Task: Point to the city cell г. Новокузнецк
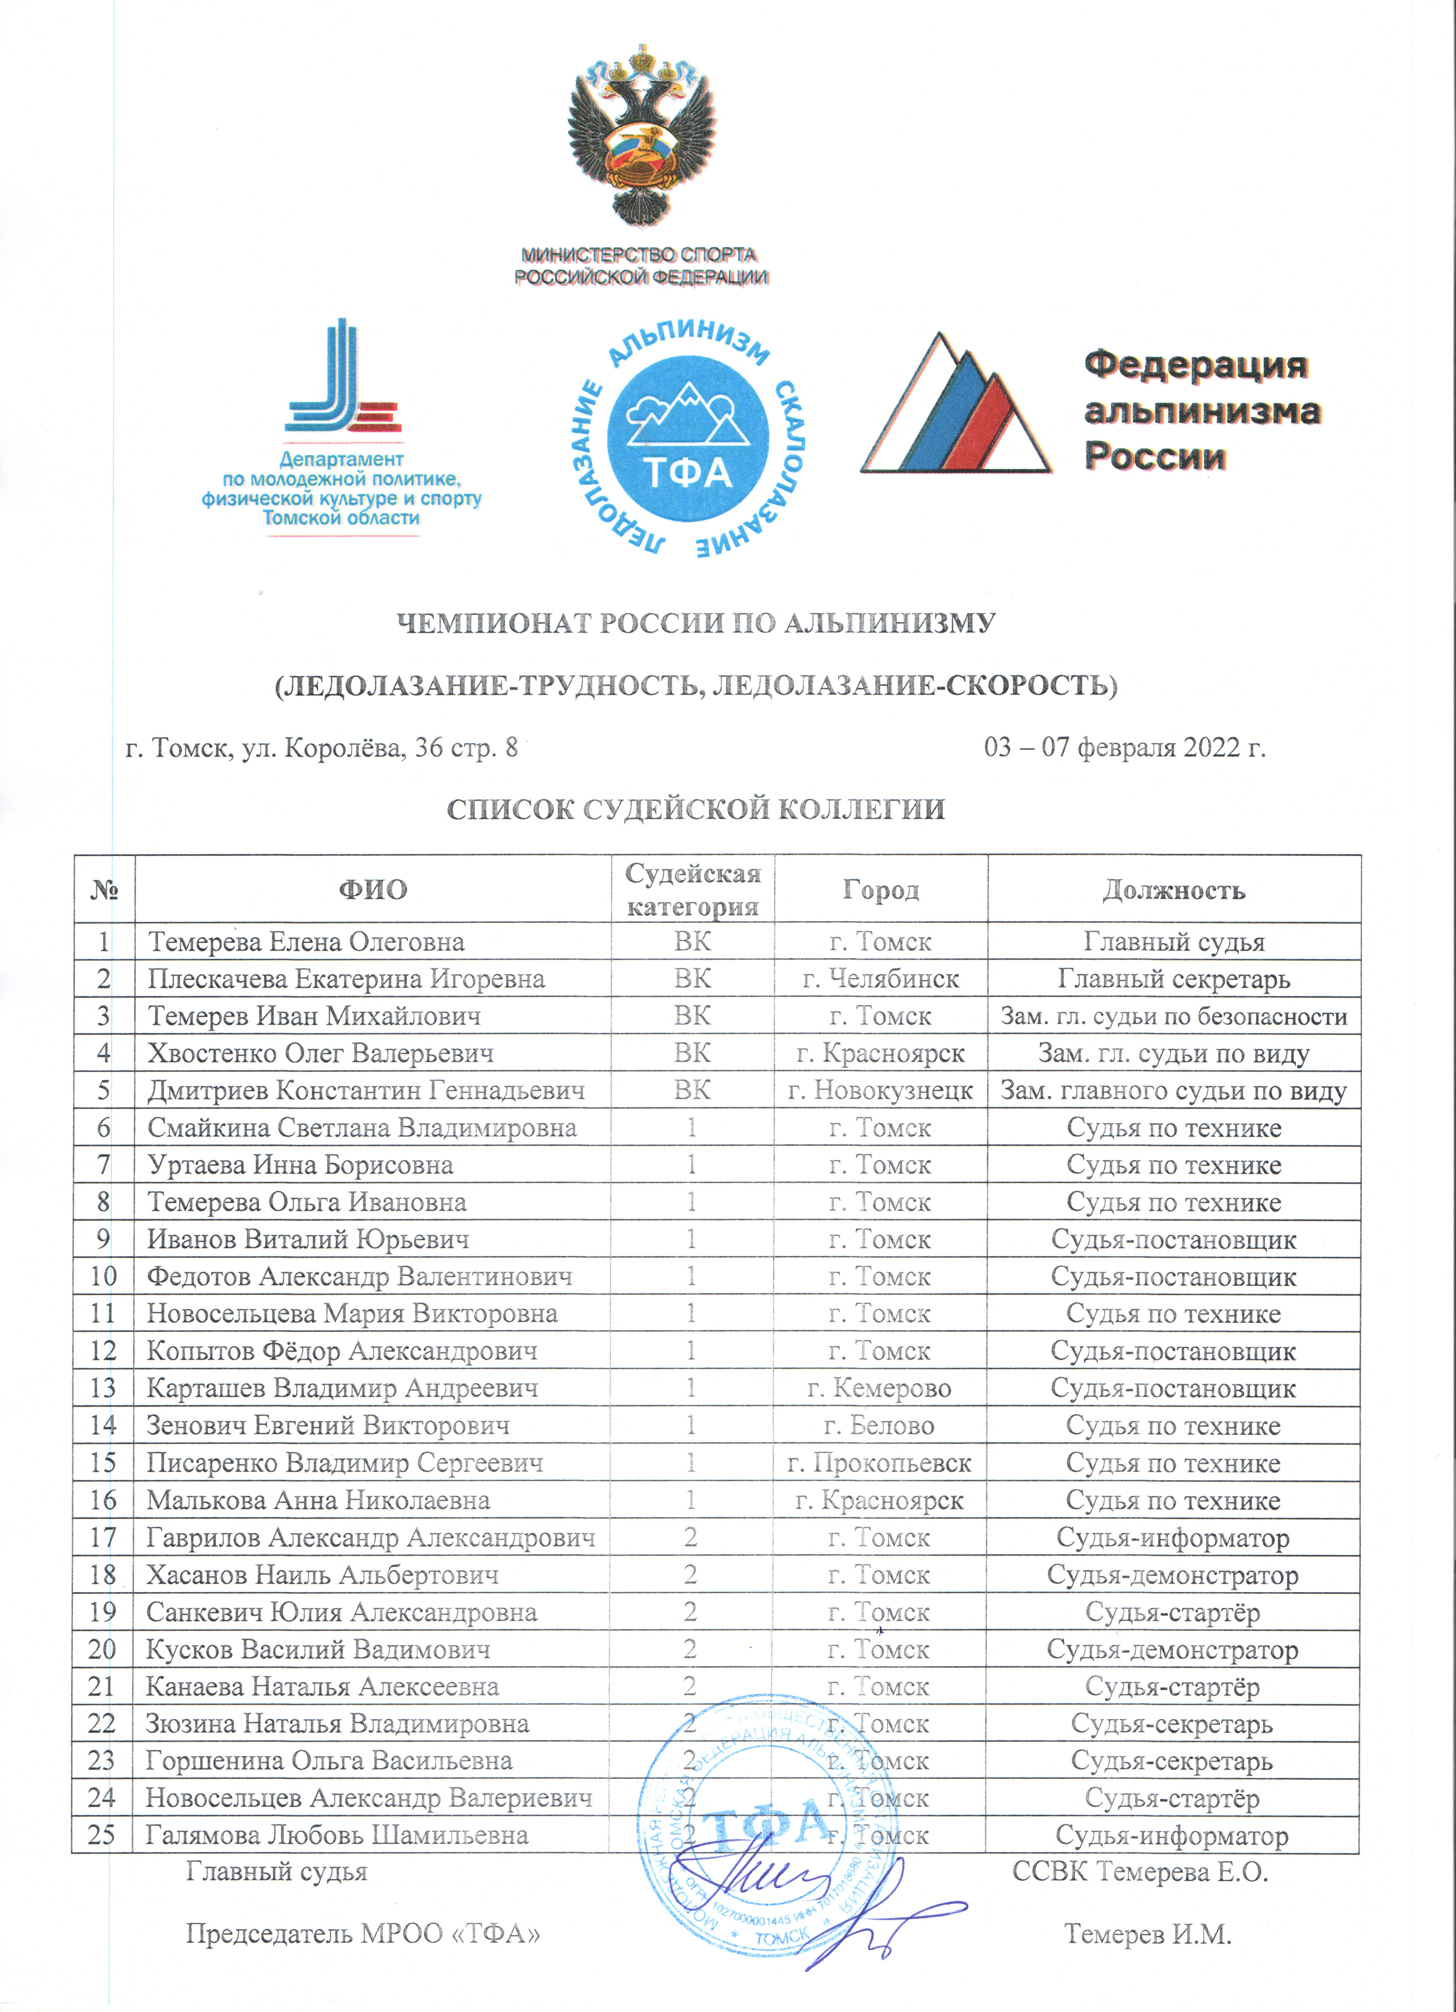coord(880,1090)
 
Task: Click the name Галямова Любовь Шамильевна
coord(337,1835)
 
